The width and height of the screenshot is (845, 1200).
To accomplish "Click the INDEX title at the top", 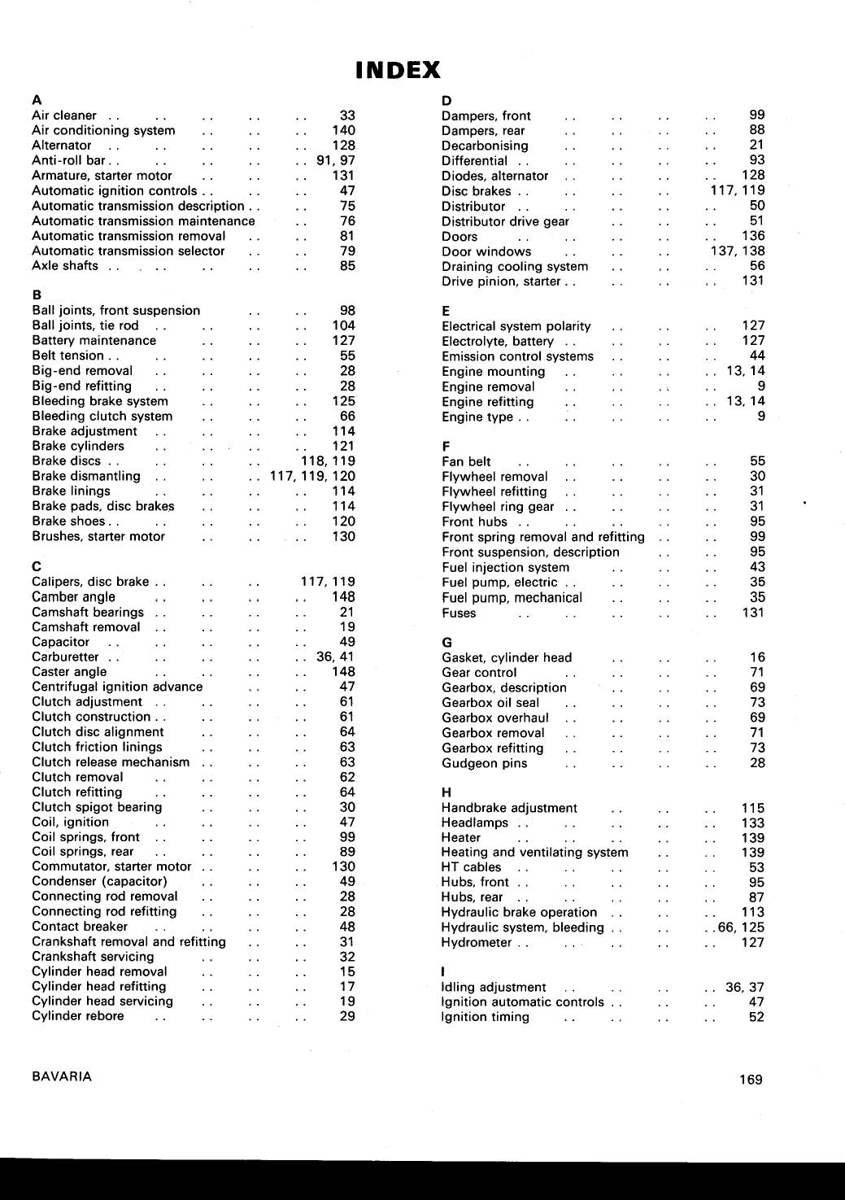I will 398,70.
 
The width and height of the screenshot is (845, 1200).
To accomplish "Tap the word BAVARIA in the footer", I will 62,1076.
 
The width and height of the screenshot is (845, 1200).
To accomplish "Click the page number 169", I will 751,1080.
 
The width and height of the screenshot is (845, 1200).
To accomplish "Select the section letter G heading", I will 446,642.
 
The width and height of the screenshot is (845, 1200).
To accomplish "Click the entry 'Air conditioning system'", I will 103,130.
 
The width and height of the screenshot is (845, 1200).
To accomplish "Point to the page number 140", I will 344,130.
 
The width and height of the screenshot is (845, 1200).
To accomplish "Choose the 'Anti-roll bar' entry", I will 69,160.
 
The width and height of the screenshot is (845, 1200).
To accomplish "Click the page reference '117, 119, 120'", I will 313,476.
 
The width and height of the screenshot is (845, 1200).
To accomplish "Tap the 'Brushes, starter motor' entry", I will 98,536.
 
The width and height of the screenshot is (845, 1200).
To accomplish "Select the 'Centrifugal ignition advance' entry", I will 117,687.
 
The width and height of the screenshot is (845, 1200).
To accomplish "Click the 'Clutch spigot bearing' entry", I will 97,807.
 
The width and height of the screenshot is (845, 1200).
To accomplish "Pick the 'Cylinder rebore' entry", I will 78,1016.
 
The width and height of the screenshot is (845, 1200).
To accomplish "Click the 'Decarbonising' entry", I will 485,146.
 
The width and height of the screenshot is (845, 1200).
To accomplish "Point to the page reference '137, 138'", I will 738,251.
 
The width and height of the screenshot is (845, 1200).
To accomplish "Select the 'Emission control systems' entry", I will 517,356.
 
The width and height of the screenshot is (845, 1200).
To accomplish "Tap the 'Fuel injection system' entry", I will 505,567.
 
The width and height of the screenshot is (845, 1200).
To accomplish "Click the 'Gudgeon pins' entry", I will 484,763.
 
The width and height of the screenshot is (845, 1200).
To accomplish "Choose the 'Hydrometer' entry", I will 477,942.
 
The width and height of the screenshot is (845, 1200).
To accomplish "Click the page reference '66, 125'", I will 741,927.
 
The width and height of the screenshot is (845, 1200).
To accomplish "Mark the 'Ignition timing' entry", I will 485,1017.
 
